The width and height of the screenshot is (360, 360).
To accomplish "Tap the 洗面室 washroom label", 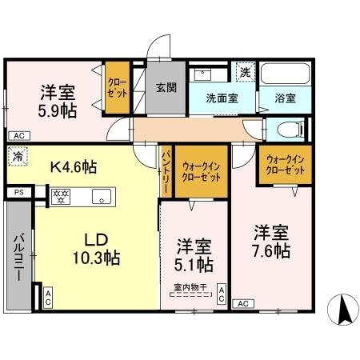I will click(x=222, y=99).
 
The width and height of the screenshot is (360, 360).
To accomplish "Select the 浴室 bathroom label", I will click(x=286, y=99).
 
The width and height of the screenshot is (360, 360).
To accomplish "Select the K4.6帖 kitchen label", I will click(x=74, y=168).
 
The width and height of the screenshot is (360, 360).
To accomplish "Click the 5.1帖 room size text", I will click(x=194, y=263).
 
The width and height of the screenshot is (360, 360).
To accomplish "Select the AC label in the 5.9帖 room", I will click(x=18, y=136).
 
